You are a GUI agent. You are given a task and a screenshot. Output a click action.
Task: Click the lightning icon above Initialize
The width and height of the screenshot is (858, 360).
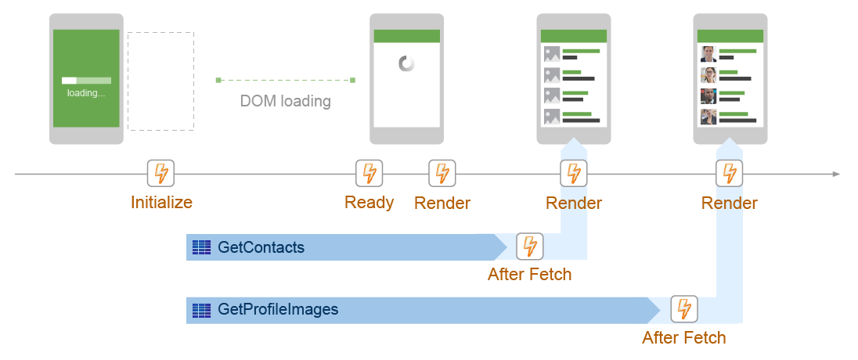(160, 173)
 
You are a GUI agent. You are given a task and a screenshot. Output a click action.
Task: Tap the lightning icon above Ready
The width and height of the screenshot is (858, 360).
(369, 173)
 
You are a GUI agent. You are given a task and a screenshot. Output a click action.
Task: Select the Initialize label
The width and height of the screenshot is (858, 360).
(161, 202)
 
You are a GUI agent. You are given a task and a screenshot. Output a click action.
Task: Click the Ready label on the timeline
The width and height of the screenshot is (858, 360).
(369, 202)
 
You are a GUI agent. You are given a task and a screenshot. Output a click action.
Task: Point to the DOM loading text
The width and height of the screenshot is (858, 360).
(285, 101)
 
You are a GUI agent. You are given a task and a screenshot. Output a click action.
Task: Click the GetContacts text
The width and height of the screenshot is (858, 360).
(261, 248)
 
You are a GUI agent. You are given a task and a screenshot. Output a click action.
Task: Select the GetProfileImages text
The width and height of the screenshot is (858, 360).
(278, 309)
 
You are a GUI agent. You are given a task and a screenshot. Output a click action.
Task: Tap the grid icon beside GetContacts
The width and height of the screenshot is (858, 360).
(202, 248)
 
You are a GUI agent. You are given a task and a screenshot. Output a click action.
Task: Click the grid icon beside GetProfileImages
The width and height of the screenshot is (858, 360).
(202, 309)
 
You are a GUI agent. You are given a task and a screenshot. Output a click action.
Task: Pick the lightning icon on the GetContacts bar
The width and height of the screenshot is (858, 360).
(530, 246)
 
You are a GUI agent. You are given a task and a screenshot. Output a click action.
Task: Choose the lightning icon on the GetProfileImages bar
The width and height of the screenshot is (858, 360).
(683, 309)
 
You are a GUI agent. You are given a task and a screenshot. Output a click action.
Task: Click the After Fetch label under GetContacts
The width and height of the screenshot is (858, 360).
(529, 275)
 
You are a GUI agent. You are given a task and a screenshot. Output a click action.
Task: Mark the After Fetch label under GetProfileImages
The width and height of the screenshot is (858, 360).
(683, 338)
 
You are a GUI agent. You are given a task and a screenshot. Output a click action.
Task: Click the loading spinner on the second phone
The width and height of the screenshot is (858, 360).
(406, 63)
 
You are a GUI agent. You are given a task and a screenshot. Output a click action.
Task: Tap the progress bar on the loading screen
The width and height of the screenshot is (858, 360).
(86, 81)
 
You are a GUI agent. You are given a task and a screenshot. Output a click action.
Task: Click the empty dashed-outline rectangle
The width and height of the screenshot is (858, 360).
(160, 81)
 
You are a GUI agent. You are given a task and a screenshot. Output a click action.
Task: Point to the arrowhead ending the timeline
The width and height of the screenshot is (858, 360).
(836, 174)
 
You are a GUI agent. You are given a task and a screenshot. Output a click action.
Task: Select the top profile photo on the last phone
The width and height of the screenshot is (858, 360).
(708, 54)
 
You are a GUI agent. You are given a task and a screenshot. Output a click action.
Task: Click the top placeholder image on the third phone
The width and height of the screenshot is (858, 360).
(552, 54)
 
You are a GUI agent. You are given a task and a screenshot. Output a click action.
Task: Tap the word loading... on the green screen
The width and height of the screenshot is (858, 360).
(86, 92)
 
